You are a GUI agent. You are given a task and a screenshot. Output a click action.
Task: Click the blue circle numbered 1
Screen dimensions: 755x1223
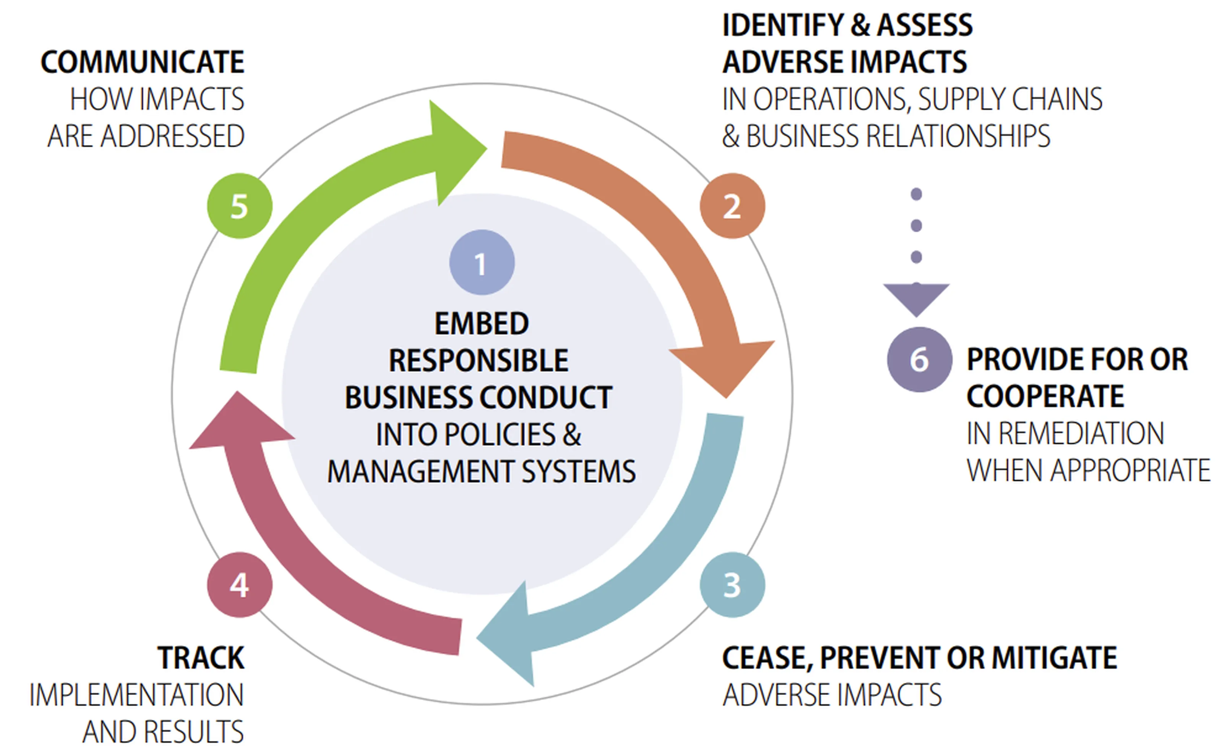tap(482, 262)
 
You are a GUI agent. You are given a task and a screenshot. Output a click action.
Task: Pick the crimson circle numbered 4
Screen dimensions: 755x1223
tap(240, 584)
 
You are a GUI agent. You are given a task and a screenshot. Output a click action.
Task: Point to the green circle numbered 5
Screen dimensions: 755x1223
tap(240, 206)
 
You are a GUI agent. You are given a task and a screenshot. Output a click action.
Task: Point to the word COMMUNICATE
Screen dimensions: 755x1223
tap(142, 62)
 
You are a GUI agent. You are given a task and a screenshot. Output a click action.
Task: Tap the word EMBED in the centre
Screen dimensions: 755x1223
tap(482, 324)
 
